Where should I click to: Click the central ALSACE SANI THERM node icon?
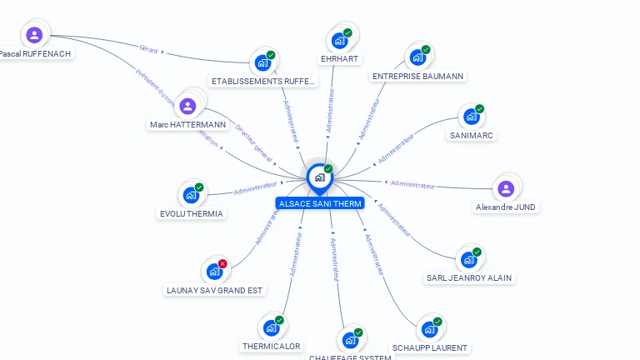pos(319,177)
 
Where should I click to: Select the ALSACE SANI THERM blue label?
pos(320,203)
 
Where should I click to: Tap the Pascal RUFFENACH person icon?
pos(34,35)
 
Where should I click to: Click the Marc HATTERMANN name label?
pos(187,125)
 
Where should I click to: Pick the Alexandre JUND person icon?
pos(506,188)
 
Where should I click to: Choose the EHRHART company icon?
pos(339,40)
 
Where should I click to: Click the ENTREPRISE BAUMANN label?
pos(418,77)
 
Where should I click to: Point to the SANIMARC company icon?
pos(472,117)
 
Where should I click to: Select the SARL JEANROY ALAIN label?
pos(469,278)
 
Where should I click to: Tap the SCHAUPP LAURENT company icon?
pos(429,329)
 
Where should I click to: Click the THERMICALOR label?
pos(271,347)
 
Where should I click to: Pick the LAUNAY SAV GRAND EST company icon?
pos(214,272)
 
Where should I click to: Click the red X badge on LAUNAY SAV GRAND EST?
pos(222,264)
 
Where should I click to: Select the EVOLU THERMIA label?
pos(192,214)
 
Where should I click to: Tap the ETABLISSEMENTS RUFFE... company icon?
pos(262,62)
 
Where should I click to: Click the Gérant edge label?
pos(149,50)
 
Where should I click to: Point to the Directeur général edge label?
pos(254,142)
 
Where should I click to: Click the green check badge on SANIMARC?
pos(479,109)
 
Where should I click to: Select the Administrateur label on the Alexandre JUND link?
pos(412,184)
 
